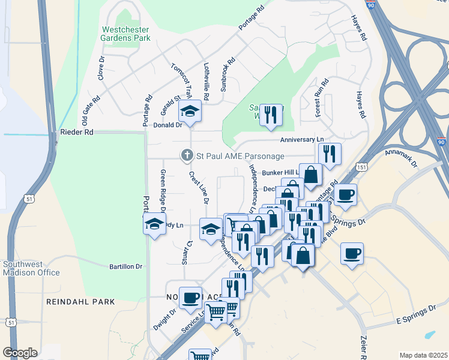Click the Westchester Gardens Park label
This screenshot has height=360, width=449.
pos(126,33)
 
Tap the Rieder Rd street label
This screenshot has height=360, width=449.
pos(76,131)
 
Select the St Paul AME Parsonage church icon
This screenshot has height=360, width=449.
pos(187,156)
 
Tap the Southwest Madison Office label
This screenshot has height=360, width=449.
pos(31,268)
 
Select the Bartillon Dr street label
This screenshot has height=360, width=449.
pos(125,266)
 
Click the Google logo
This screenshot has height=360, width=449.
pos(20,352)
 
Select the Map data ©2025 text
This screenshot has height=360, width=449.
pos(423,355)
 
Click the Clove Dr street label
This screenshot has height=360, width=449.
pos(102,68)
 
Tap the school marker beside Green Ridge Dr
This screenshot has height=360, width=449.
pos(154,224)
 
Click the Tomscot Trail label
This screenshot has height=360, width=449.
pos(181,81)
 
